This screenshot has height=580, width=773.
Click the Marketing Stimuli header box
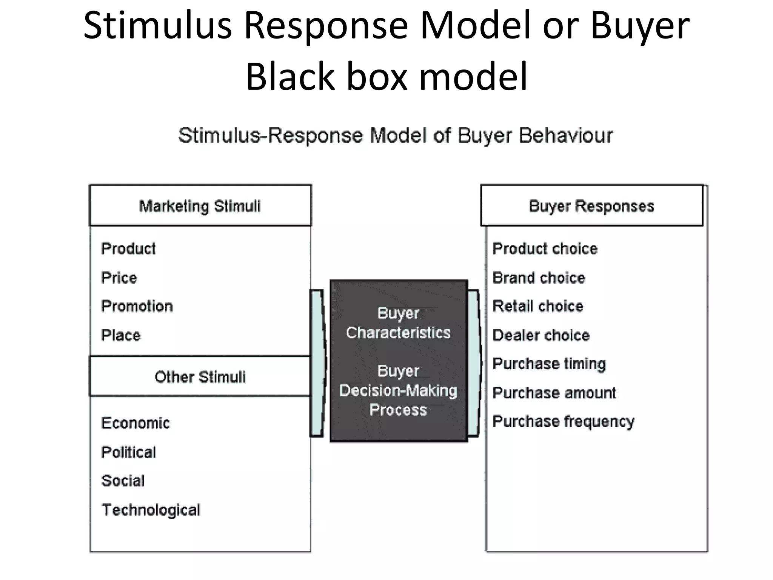point(200,206)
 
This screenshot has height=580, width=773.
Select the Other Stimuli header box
point(200,376)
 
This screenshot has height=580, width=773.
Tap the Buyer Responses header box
point(591,206)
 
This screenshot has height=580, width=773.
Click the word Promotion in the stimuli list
point(137,306)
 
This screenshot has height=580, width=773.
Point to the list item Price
point(119,278)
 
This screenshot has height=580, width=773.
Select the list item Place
point(121,335)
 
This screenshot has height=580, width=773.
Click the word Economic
point(135,423)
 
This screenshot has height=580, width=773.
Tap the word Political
point(128,452)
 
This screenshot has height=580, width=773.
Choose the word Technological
point(151,510)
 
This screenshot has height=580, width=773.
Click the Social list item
point(123,481)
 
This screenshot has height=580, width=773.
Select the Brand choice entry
point(539,278)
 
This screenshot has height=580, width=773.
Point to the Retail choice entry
point(538,306)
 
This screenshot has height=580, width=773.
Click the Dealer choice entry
point(541,335)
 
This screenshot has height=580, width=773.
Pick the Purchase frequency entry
point(563,421)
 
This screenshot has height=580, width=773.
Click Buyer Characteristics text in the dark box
point(398,323)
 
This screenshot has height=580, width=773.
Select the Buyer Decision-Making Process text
point(398,390)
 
